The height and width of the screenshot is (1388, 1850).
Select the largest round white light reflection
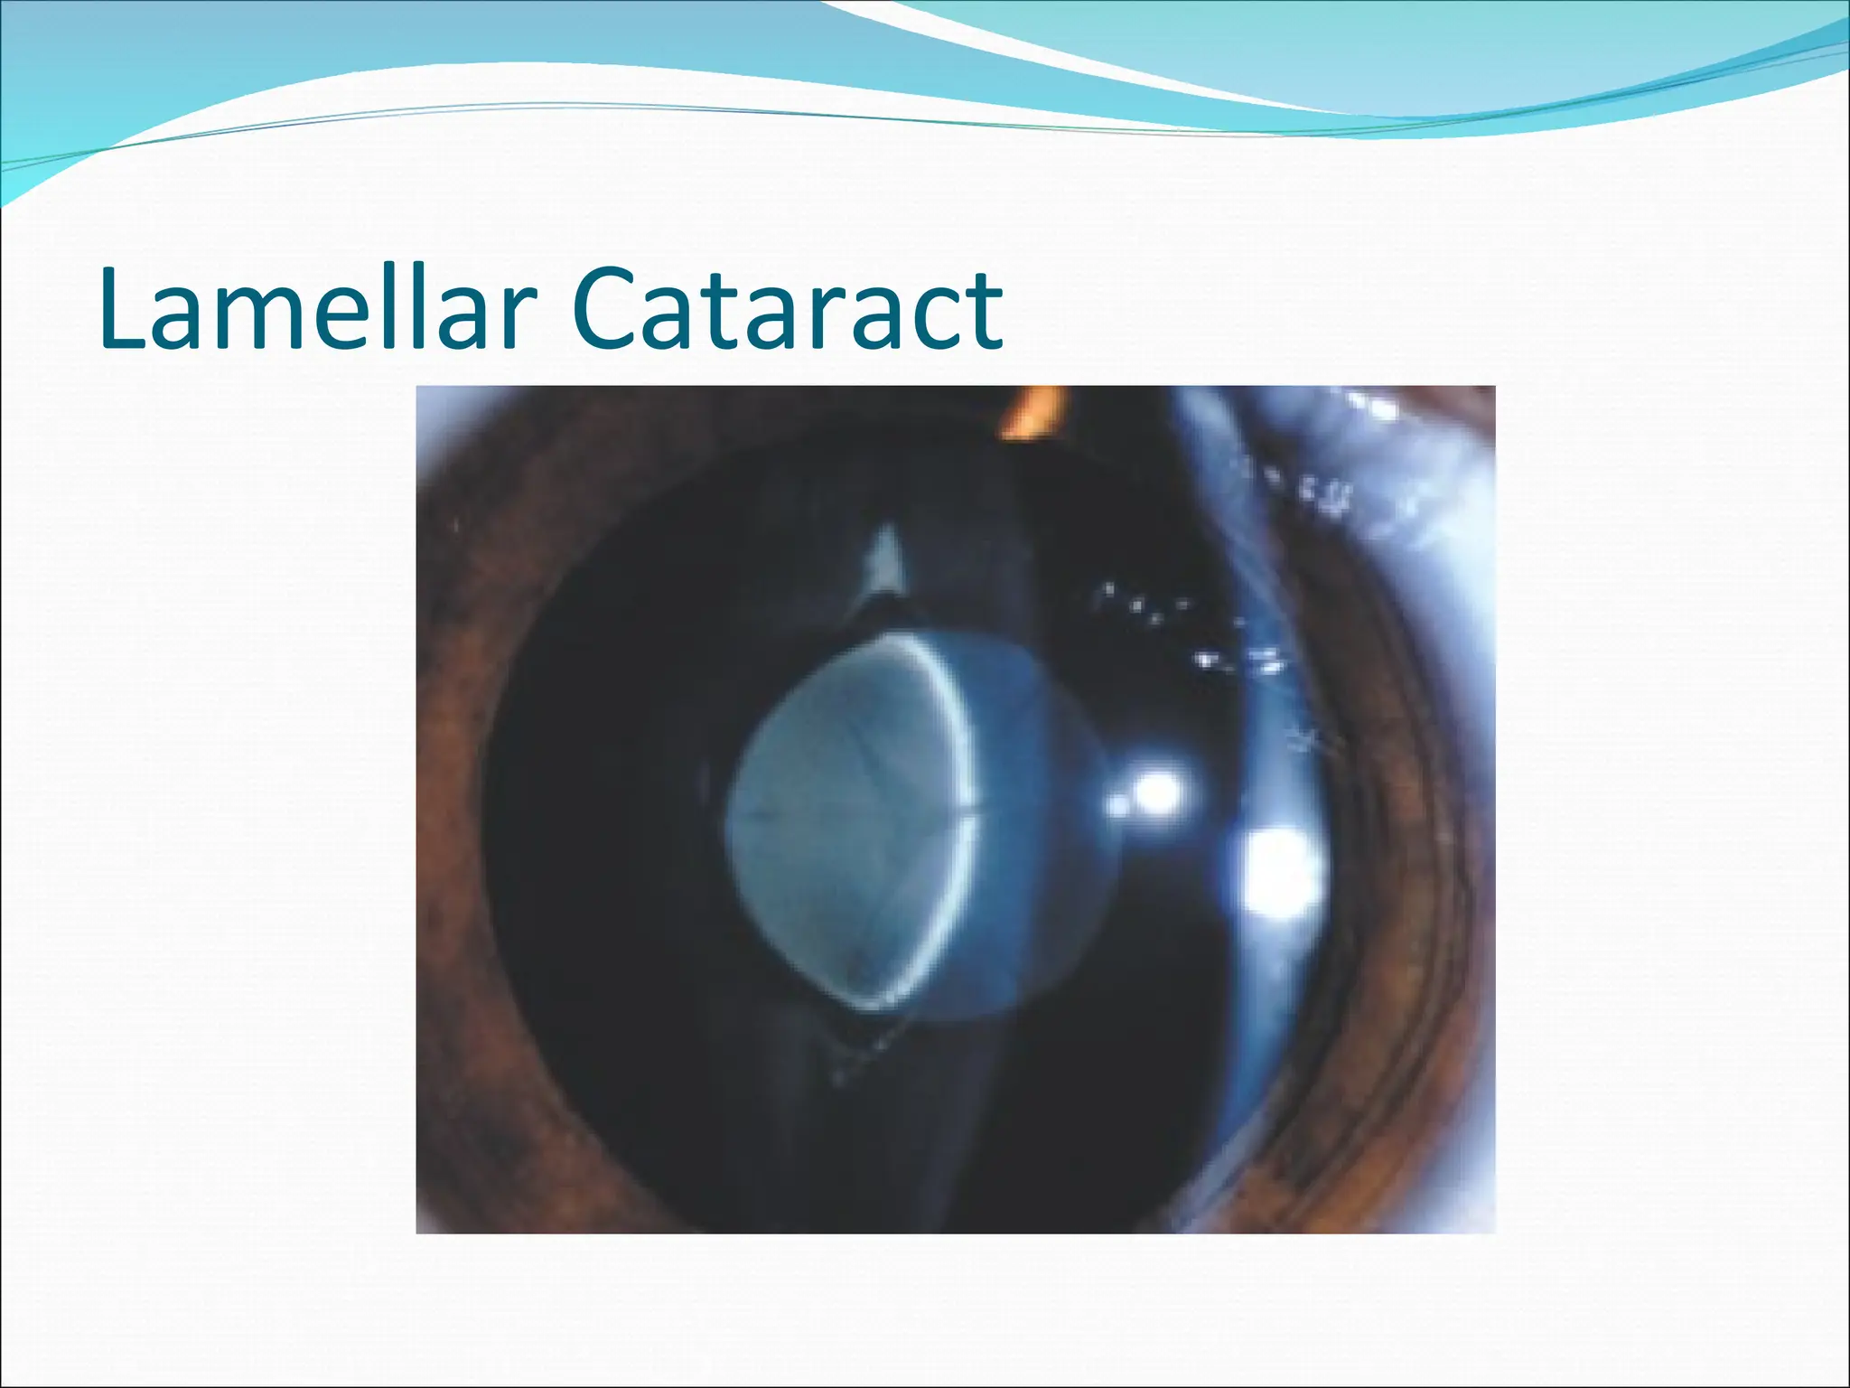pos(1281,873)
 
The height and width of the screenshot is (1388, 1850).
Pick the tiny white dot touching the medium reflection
pos(1118,804)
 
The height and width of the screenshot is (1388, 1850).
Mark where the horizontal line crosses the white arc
pos(972,819)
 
